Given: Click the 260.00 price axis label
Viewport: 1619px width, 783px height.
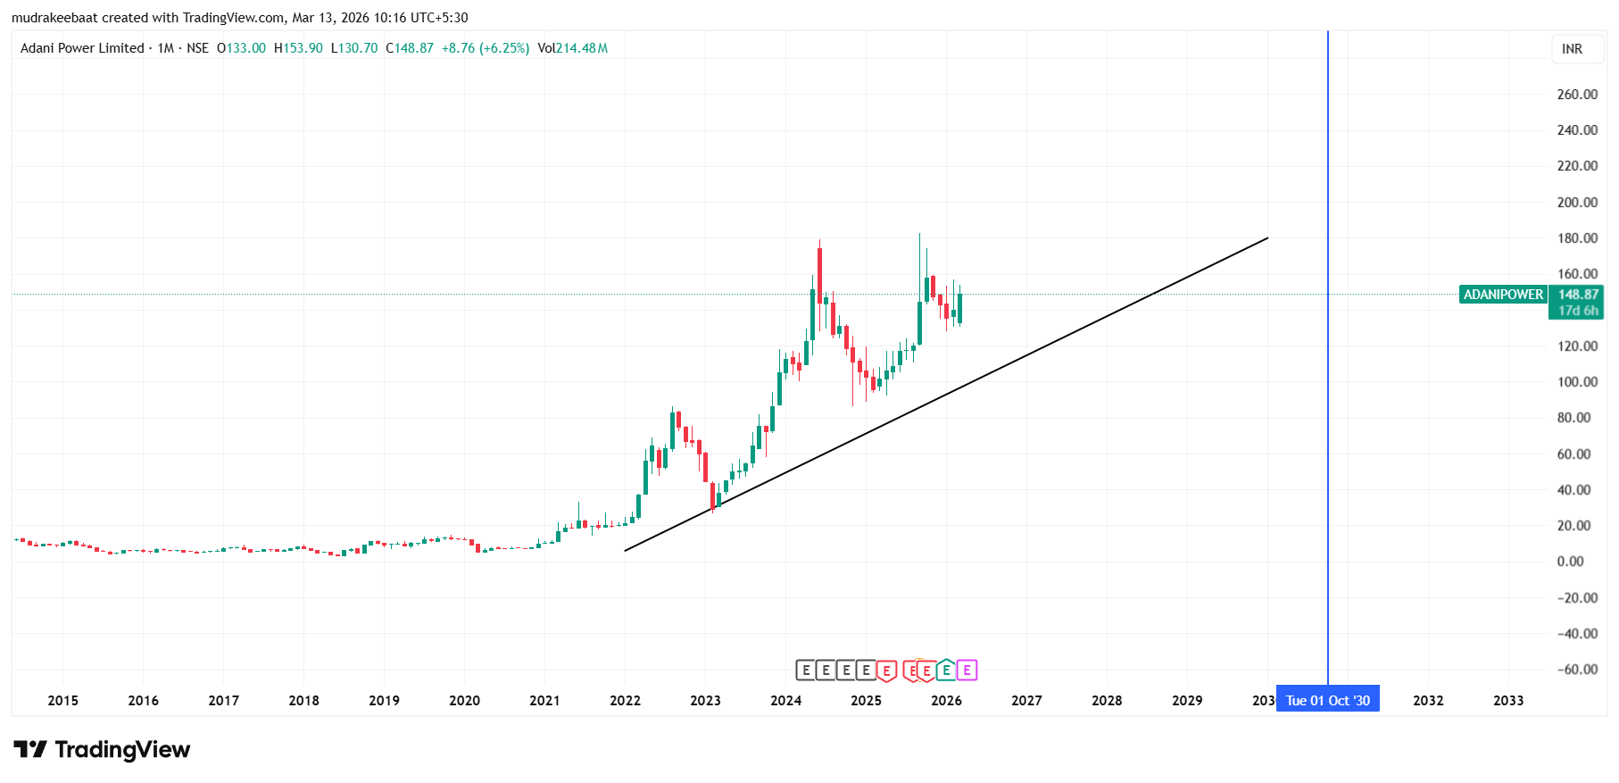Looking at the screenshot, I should tap(1576, 95).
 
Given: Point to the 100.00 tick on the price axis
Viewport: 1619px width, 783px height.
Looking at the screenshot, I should tap(1576, 382).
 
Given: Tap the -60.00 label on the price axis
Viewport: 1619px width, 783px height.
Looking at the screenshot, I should tap(1576, 670).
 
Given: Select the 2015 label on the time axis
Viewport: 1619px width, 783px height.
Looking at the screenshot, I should tap(62, 701).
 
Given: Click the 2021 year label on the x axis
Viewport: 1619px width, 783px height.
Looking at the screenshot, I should tap(544, 701).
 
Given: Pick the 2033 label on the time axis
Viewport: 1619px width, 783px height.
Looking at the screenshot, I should tap(1508, 701).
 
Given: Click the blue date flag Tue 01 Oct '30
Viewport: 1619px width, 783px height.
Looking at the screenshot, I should tap(1327, 701).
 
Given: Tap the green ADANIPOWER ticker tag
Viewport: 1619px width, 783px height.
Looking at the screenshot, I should tap(1503, 295).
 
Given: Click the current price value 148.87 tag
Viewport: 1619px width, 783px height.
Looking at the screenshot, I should tap(1578, 295).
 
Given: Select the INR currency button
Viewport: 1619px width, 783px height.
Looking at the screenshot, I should tap(1572, 49).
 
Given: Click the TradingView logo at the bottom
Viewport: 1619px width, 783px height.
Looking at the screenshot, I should tap(102, 750).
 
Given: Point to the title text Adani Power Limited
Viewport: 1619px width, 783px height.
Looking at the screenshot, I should tap(82, 48).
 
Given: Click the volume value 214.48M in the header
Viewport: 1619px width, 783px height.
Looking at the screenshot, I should tap(582, 48).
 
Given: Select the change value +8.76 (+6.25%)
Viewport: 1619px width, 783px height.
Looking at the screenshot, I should tap(486, 48).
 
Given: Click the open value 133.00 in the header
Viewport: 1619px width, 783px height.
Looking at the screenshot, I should tap(246, 48).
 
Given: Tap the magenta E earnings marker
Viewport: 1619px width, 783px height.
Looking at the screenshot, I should tap(967, 670).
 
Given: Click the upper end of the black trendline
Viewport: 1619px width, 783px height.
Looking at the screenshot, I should tap(1267, 238).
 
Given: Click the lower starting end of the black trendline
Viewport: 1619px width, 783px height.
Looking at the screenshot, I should tap(626, 550).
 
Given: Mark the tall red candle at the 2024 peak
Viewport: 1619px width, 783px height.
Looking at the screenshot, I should tap(819, 275).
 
